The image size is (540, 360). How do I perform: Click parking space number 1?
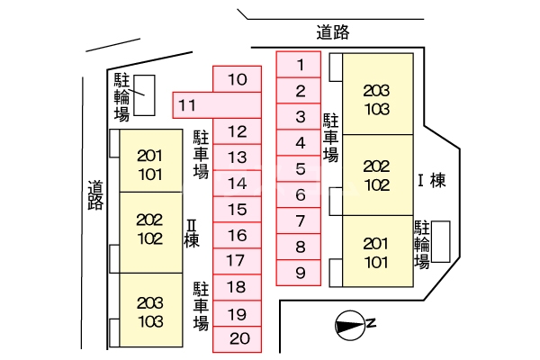point(301,64)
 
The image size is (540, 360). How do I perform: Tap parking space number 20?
point(238,339)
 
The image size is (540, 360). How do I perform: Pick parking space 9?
point(301,273)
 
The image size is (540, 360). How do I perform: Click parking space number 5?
point(301,168)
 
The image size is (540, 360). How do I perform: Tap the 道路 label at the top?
point(332,32)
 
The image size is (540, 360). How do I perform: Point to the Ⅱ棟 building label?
point(191,232)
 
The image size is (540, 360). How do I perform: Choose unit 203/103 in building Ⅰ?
point(377,100)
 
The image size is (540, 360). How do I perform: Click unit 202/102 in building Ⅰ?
point(377,175)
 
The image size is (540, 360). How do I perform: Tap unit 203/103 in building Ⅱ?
point(150,310)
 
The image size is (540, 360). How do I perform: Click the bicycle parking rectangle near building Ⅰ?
point(440,241)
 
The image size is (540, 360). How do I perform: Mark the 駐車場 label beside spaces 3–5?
point(330,137)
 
